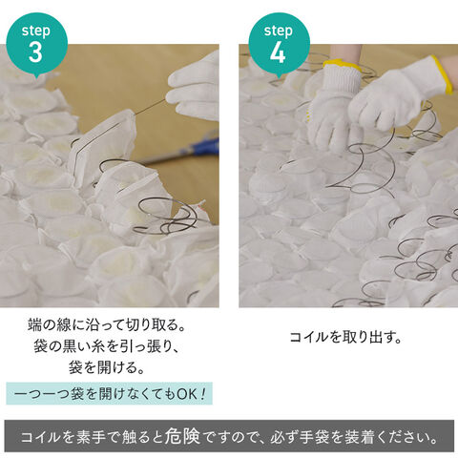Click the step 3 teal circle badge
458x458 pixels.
(37, 44)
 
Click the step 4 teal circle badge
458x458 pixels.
(279, 44)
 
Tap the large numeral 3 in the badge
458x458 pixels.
(35, 52)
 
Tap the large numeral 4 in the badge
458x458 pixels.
(278, 52)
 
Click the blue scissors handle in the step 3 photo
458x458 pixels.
(203, 147)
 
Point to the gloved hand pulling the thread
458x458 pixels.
(194, 88)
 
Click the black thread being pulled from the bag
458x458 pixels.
(150, 108)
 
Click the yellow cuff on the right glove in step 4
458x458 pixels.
(442, 73)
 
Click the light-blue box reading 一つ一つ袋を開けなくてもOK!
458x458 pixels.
(109, 393)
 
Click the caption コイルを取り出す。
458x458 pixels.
(345, 337)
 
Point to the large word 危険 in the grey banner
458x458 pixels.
(183, 436)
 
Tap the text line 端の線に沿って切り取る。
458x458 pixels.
(107, 324)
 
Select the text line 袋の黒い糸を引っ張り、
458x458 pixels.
(107, 346)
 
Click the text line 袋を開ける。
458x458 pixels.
(107, 367)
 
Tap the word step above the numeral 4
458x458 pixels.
(279, 31)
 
